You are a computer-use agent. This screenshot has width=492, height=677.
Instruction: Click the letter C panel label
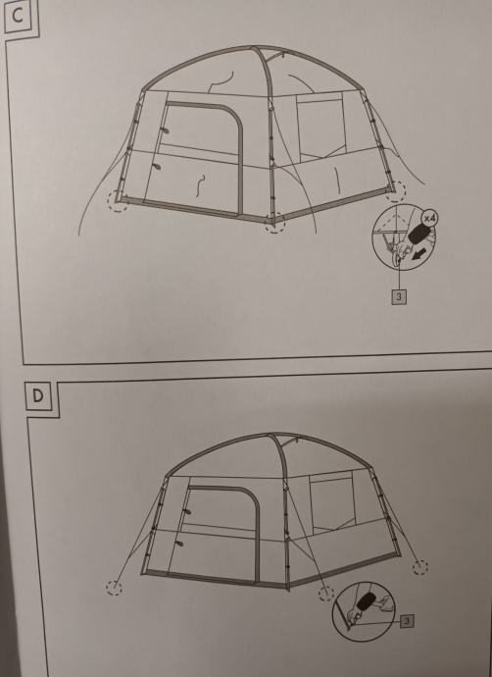tap(18, 16)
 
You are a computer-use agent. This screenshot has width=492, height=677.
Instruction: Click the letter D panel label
tap(38, 395)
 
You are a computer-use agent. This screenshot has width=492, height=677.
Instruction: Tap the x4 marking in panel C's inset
tap(429, 219)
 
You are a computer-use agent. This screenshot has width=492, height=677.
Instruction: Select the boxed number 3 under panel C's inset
tap(399, 297)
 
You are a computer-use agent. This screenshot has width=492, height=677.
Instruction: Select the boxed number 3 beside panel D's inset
tap(407, 621)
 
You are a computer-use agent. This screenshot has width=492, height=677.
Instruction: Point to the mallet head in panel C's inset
tap(417, 234)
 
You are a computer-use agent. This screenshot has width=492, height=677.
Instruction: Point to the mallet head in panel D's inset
tap(367, 601)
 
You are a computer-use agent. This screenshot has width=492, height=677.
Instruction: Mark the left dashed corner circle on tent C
tap(118, 201)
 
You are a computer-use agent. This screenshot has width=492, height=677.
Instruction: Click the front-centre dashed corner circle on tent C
tap(275, 223)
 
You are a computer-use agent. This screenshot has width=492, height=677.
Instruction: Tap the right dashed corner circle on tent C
tap(395, 191)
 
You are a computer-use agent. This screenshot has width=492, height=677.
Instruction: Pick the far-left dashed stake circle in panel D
tap(115, 588)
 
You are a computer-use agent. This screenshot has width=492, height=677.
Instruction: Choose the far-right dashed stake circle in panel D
tap(420, 567)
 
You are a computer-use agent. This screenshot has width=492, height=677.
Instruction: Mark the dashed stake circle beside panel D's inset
tap(326, 594)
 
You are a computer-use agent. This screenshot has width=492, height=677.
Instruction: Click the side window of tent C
tap(320, 127)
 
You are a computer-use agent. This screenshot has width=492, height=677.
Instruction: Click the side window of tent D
tap(332, 502)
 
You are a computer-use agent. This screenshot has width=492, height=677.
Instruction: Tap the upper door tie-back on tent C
tap(165, 130)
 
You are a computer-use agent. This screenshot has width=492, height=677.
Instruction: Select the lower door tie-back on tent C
tap(157, 166)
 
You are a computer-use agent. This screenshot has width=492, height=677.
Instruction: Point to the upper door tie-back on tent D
tap(186, 511)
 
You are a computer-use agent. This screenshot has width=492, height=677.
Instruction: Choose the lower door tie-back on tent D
tap(179, 543)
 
